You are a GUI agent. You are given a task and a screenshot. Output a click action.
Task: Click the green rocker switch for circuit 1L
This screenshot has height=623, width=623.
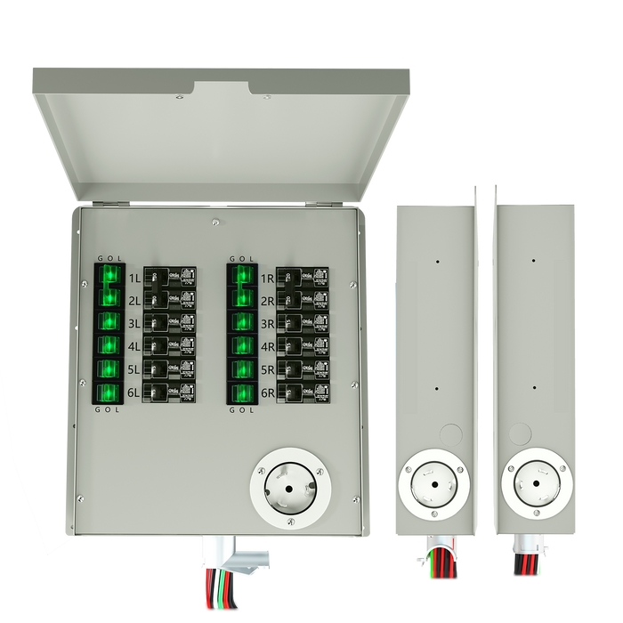[x=109, y=275]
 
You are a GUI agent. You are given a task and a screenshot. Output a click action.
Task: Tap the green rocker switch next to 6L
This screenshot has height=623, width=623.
[x=109, y=392]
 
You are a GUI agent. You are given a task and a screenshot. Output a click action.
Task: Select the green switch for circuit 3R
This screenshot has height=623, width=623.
[x=241, y=321]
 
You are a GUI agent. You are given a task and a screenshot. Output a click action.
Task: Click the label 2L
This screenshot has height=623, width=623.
[x=133, y=301]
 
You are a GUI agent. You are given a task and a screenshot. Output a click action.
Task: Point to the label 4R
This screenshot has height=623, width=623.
[x=266, y=346]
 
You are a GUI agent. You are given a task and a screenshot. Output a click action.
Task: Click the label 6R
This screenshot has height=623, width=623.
[x=266, y=392]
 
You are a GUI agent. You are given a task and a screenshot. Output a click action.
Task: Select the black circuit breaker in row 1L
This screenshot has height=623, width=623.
[x=169, y=276]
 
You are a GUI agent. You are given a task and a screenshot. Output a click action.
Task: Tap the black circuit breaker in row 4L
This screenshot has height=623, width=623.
[x=169, y=345]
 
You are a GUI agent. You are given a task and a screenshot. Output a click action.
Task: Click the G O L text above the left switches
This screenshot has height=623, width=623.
[x=109, y=258]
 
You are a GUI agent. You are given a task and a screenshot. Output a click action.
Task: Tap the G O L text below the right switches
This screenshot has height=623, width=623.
[x=241, y=410]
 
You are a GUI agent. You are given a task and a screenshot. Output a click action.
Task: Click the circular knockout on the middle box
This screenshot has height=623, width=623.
[x=451, y=435]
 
